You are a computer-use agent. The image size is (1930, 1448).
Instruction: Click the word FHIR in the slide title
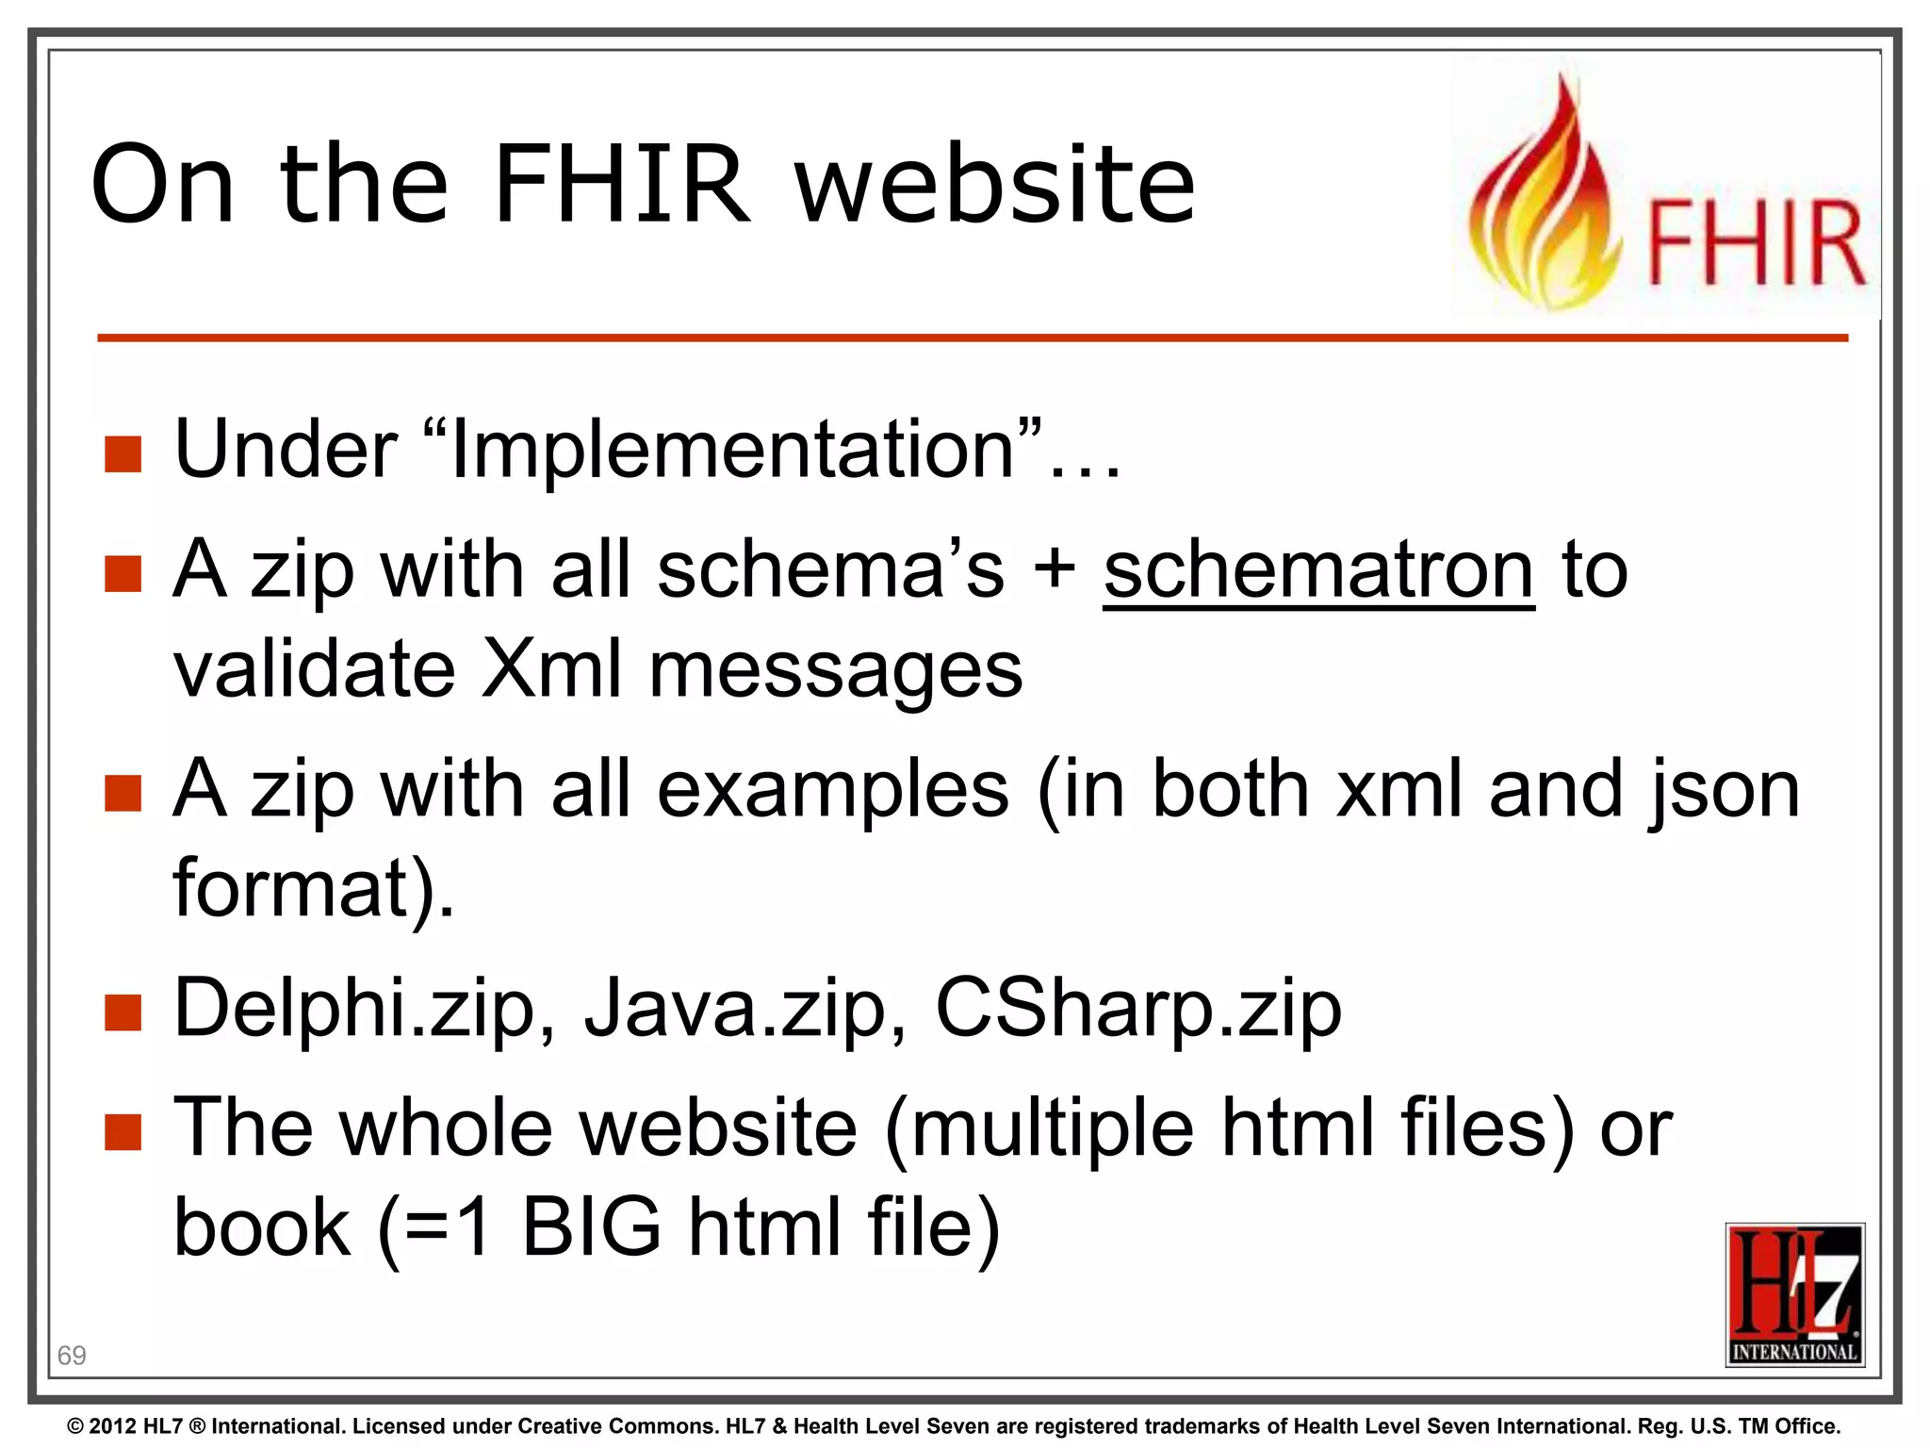[x=621, y=185]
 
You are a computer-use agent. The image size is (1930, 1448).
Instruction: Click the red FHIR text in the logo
[x=1756, y=244]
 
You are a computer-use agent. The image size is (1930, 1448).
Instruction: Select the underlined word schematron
[x=1318, y=571]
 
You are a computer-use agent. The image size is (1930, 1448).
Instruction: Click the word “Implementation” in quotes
[x=735, y=451]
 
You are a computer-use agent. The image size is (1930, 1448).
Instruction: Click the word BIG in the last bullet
[x=591, y=1228]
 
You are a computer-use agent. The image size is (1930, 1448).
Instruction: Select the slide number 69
[x=72, y=1356]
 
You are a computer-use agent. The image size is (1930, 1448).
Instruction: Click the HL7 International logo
[x=1794, y=1294]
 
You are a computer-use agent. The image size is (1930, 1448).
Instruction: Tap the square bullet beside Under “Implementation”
[x=123, y=453]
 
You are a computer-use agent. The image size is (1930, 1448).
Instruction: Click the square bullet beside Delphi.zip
[x=123, y=1013]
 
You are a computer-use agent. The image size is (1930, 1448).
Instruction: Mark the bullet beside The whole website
[x=123, y=1132]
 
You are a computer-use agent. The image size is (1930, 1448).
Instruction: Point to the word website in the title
[x=996, y=185]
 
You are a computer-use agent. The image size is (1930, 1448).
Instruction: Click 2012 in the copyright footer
[x=113, y=1426]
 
